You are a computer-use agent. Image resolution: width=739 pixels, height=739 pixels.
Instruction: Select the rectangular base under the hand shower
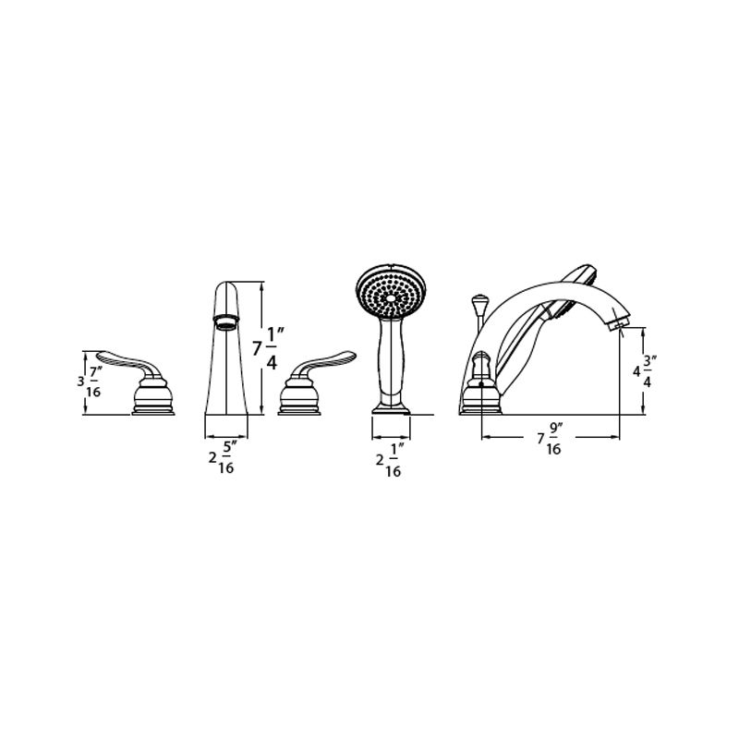pos(391,406)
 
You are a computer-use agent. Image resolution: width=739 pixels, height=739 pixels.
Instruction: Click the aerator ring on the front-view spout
pos(224,321)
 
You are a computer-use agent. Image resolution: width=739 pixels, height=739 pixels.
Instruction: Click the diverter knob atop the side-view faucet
pos(479,302)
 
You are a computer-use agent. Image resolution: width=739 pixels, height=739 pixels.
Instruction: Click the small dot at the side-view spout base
pos(481,384)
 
